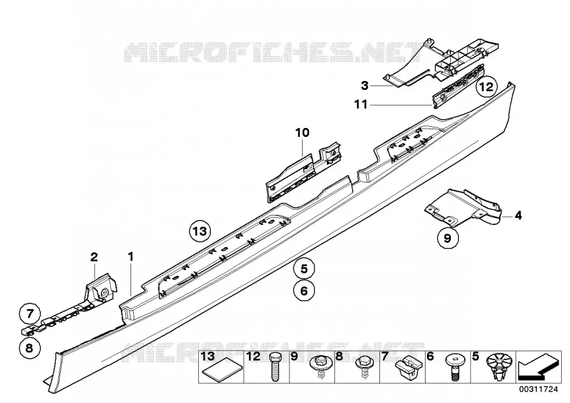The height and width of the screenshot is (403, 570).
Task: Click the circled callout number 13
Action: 200,231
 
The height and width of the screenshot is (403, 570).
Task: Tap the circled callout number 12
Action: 487,87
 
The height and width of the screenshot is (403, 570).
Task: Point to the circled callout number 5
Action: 304,269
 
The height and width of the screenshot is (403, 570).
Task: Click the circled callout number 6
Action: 304,291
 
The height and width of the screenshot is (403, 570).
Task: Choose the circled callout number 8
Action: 29,348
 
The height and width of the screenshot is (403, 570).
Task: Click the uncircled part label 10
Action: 303,133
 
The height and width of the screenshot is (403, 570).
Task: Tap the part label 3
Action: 365,86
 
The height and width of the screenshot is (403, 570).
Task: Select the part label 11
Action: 361,105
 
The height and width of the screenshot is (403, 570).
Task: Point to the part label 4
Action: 518,215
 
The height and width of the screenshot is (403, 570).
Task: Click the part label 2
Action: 94,257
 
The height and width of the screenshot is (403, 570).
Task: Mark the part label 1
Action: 131,257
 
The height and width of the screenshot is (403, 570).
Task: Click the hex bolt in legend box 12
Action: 275,367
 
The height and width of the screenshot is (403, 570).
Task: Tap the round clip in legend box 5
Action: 499,366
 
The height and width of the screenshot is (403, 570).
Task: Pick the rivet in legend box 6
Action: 454,367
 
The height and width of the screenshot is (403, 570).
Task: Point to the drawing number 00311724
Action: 538,389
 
